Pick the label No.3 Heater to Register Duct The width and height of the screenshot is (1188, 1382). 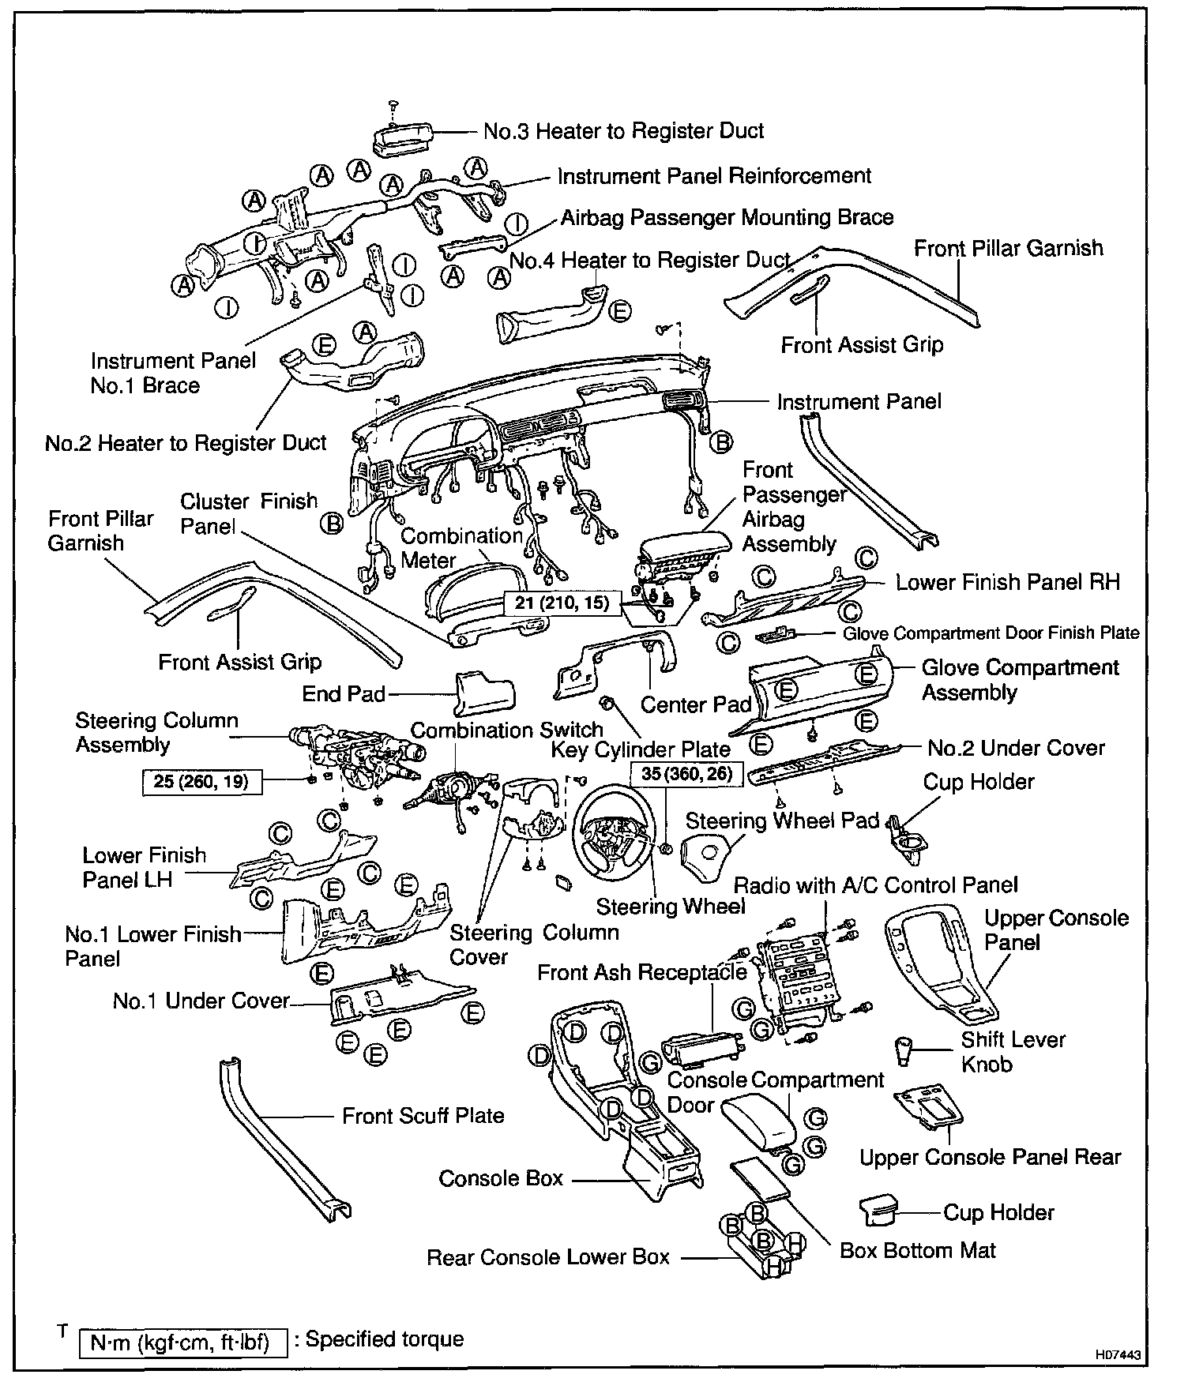(x=623, y=130)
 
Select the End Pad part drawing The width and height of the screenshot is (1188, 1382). (x=483, y=693)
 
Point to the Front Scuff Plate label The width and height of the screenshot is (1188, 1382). (x=423, y=1115)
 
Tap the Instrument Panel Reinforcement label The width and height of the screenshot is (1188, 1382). (x=714, y=175)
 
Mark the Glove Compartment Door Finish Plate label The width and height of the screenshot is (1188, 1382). (x=991, y=633)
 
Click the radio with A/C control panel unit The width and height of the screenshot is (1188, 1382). (x=794, y=979)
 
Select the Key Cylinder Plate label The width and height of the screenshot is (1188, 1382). (x=641, y=749)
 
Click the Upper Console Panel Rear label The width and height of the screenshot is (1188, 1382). (x=990, y=1157)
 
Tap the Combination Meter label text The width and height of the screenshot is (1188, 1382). (x=461, y=548)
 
